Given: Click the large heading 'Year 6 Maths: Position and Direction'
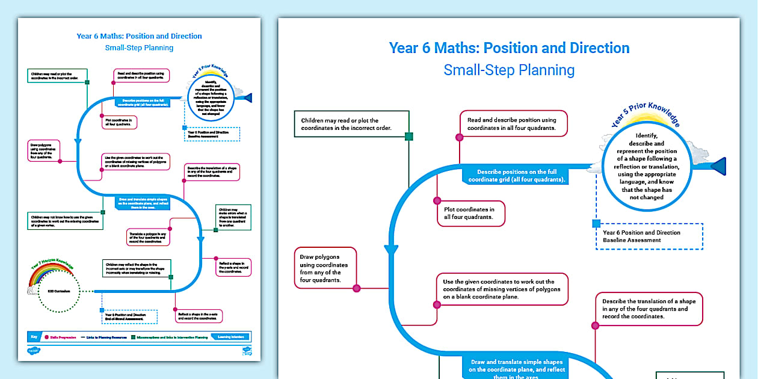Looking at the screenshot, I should pyautogui.click(x=509, y=48).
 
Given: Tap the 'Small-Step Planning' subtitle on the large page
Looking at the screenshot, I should pyautogui.click(x=509, y=70).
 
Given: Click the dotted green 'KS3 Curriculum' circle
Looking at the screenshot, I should pyautogui.click(x=55, y=292).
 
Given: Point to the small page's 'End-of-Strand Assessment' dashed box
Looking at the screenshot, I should pyautogui.click(x=129, y=316).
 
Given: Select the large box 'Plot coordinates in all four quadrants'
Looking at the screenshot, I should pyautogui.click(x=469, y=214).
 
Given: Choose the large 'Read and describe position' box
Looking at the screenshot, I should pyautogui.click(x=513, y=124).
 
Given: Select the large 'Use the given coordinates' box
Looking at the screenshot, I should pyautogui.click(x=502, y=289).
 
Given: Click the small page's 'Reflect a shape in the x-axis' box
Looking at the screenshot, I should pyautogui.click(x=199, y=316).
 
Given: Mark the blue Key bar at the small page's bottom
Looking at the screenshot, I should pyautogui.click(x=139, y=337).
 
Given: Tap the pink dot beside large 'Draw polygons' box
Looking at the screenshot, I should pyautogui.click(x=356, y=288).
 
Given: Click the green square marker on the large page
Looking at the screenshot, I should pyautogui.click(x=409, y=137).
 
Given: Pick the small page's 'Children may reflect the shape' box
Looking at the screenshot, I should pyautogui.click(x=137, y=268).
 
